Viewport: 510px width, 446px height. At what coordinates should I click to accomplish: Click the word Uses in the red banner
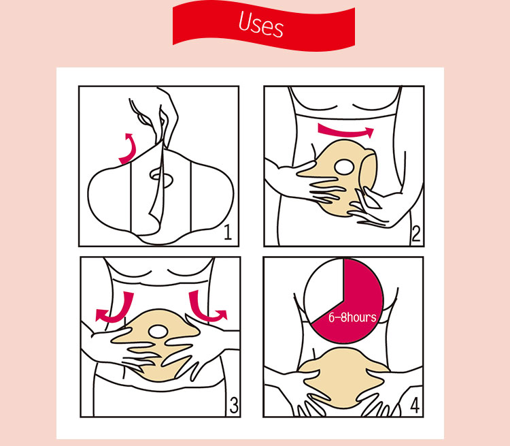click(260, 24)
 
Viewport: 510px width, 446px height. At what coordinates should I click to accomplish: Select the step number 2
click(415, 234)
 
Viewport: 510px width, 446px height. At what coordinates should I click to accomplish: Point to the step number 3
click(234, 406)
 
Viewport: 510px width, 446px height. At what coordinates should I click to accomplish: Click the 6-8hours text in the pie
click(353, 317)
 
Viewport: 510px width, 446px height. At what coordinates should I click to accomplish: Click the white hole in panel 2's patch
click(345, 167)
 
